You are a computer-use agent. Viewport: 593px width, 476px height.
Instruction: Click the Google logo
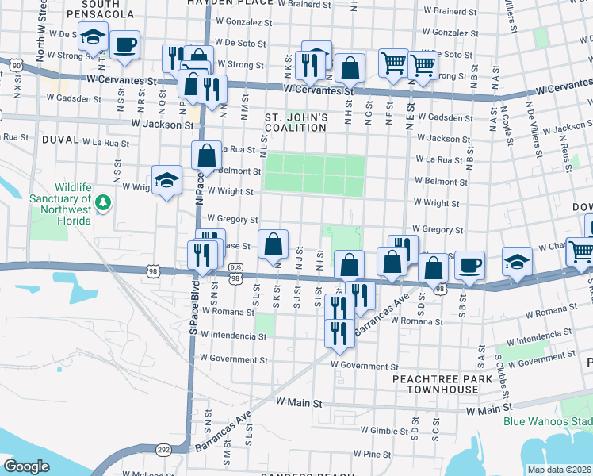[26, 466]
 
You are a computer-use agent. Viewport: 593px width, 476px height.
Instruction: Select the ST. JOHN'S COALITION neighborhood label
[296, 123]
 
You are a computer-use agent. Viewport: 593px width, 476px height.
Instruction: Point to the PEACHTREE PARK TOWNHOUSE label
[436, 385]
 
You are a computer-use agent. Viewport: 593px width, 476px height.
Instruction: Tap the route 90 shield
[15, 65]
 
